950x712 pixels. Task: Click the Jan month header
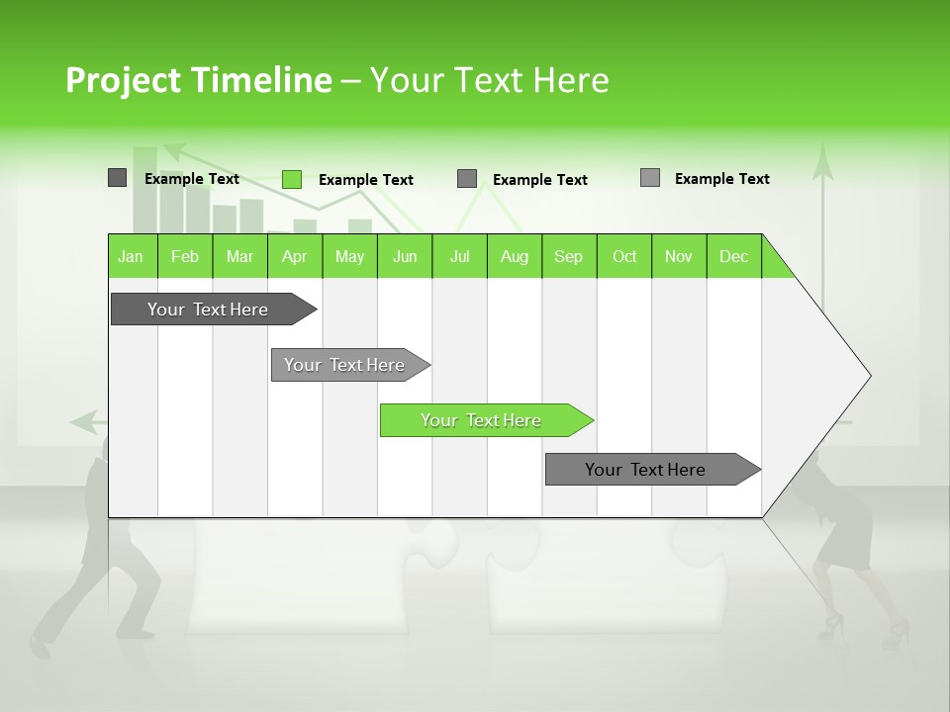click(x=132, y=256)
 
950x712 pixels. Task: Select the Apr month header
click(x=295, y=256)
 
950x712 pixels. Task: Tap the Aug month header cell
click(x=515, y=256)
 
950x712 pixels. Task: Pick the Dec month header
click(x=734, y=256)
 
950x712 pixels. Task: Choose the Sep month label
click(x=569, y=256)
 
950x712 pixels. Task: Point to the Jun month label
click(x=405, y=256)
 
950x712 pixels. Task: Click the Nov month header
click(x=679, y=256)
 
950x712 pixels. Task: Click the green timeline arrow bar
click(x=485, y=420)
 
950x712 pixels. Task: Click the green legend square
click(x=292, y=179)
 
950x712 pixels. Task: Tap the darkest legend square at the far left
click(x=117, y=178)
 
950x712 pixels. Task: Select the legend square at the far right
click(x=650, y=178)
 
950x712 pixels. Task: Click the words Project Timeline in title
click(x=198, y=80)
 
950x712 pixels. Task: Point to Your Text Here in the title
click(x=489, y=80)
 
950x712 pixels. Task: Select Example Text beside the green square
click(x=366, y=180)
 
